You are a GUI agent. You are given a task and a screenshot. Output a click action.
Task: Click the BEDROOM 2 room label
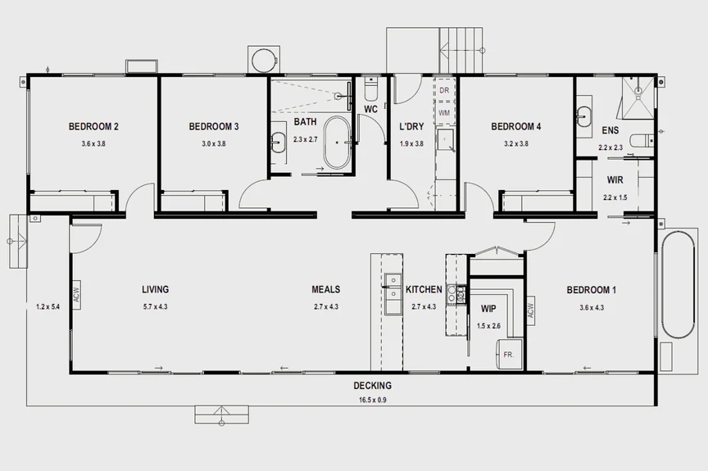click(93, 126)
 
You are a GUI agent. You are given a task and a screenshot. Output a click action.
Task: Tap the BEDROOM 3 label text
click(213, 126)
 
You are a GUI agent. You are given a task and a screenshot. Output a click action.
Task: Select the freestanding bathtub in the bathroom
click(337, 143)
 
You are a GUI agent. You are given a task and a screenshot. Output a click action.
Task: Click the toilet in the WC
click(370, 87)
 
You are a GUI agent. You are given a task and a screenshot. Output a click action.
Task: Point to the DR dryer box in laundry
click(444, 89)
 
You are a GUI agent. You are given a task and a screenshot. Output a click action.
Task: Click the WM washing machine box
click(444, 112)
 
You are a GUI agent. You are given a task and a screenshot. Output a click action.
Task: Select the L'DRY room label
click(411, 127)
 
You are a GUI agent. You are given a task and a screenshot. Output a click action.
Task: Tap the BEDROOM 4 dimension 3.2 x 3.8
click(515, 143)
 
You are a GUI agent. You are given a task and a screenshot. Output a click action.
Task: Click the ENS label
click(610, 131)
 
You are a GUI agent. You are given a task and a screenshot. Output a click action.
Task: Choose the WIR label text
click(616, 179)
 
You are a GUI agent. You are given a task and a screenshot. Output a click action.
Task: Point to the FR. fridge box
click(508, 355)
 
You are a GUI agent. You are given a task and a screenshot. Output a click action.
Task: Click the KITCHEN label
click(424, 290)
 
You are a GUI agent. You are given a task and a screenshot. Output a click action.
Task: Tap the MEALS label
click(325, 289)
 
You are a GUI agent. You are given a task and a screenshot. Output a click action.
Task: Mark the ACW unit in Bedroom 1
click(530, 309)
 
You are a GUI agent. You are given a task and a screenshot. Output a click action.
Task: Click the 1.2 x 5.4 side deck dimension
click(48, 307)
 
